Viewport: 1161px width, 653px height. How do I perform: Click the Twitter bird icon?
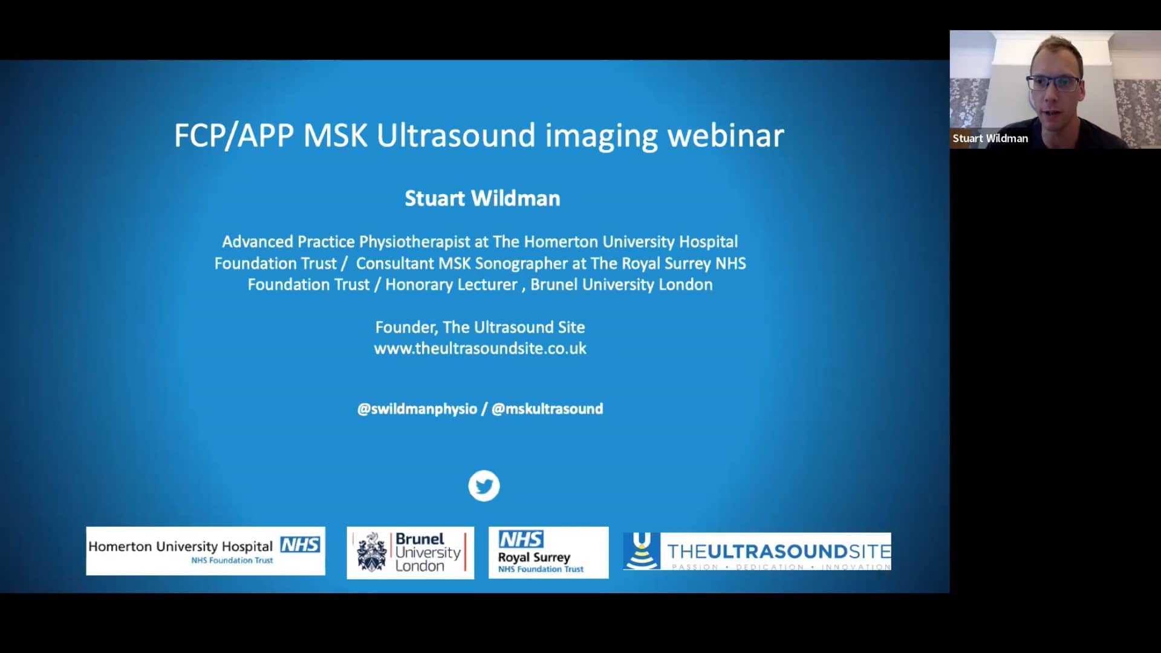click(484, 486)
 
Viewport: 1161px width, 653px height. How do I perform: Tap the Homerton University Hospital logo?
click(205, 551)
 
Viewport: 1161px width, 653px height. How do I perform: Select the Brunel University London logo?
click(410, 553)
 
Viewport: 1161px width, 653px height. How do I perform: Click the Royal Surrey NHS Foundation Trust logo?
click(548, 553)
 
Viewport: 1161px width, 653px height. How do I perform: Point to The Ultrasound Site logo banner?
click(757, 551)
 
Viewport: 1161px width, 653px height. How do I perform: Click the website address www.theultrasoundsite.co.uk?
click(480, 349)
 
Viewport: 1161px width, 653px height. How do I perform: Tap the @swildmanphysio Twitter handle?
click(417, 409)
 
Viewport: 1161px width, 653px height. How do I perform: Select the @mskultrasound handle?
click(547, 409)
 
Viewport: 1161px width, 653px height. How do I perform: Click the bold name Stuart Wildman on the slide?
click(482, 198)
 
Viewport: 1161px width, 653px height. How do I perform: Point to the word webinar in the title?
click(725, 135)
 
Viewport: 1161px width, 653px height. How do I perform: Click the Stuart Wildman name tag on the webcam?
click(990, 138)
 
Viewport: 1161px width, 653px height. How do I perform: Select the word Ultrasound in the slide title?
click(456, 135)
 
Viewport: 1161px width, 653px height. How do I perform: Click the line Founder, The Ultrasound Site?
click(480, 327)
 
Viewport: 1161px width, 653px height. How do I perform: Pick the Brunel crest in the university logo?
click(371, 553)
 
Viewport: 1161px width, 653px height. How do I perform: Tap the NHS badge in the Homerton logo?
click(300, 545)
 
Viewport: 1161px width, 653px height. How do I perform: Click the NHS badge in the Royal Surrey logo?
click(521, 539)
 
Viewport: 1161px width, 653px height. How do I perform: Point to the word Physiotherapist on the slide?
click(415, 242)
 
